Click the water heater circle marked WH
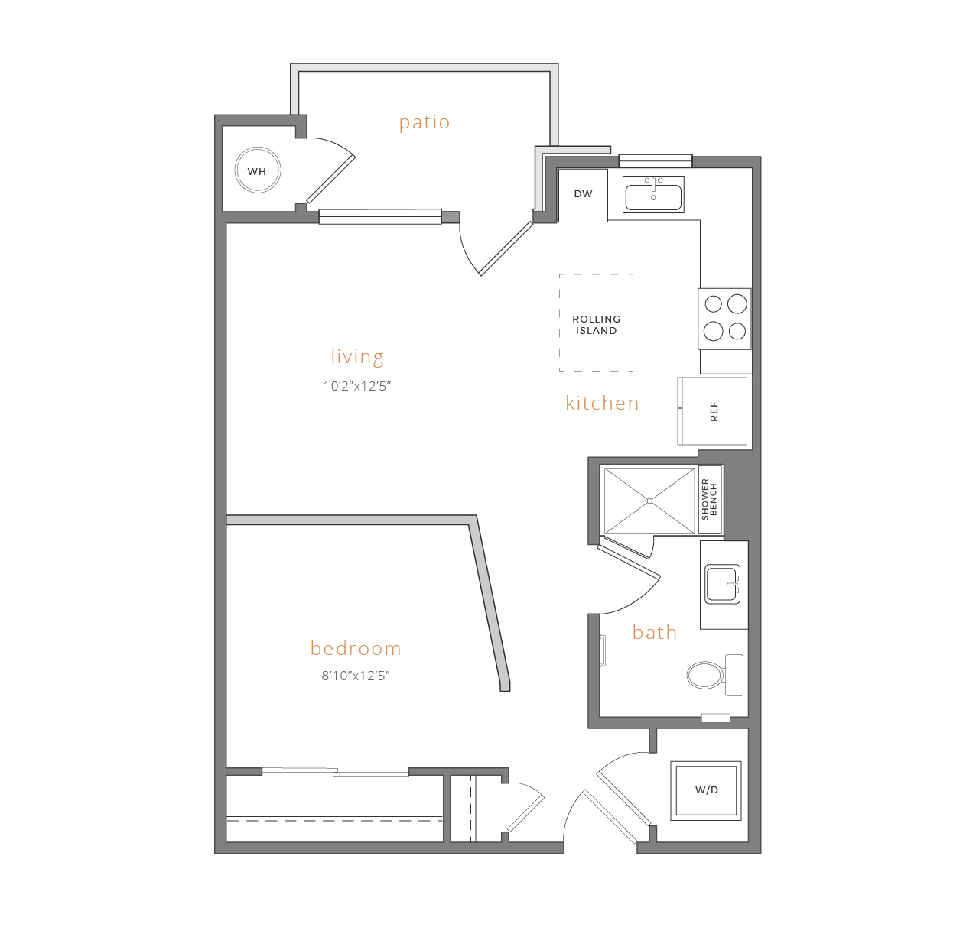click(x=257, y=170)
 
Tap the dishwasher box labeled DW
click(x=583, y=195)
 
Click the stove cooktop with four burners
click(x=724, y=318)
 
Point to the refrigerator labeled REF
click(x=713, y=411)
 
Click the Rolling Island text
click(x=597, y=325)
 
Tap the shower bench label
click(x=710, y=500)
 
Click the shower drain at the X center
click(x=649, y=501)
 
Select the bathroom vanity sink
click(x=722, y=584)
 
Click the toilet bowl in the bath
click(x=704, y=675)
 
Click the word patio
click(x=425, y=122)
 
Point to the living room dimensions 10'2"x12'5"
click(x=356, y=386)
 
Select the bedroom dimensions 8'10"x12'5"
click(x=356, y=676)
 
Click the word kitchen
click(x=602, y=403)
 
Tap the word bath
click(x=655, y=632)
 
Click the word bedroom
click(x=356, y=648)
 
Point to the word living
click(x=357, y=356)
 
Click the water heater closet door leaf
click(x=331, y=179)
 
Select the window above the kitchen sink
click(x=655, y=160)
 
